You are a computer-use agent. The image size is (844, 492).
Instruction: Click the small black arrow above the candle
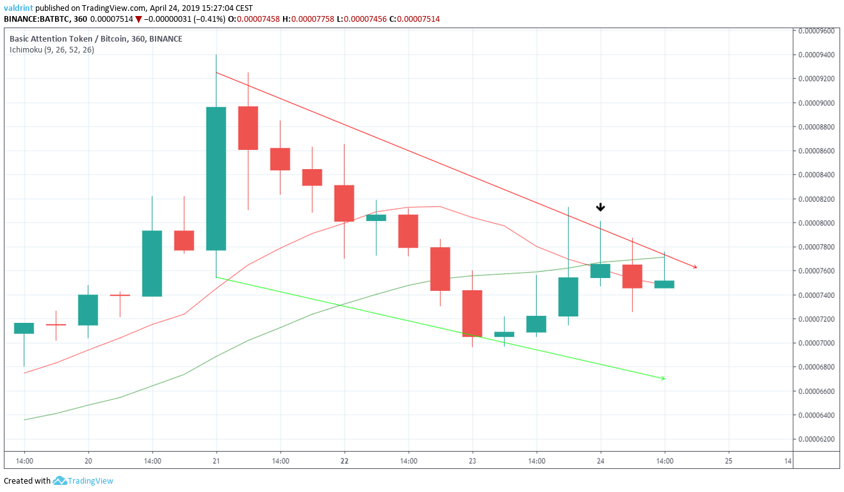(600, 208)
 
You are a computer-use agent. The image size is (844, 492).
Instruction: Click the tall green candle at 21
(216, 178)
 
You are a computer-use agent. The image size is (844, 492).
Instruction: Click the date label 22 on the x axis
(345, 461)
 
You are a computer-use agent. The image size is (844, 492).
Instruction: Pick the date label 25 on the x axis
(728, 461)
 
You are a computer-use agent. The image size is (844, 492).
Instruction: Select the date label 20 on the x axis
(88, 461)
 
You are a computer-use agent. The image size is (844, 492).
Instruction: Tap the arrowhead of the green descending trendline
(663, 379)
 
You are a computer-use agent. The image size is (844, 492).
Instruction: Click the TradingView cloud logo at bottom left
(60, 480)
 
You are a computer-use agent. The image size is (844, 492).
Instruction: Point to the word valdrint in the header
(19, 8)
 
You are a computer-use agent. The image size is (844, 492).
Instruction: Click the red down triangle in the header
(138, 19)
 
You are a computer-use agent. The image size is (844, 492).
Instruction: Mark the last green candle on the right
(664, 284)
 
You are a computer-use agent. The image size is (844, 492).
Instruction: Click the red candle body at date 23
(472, 313)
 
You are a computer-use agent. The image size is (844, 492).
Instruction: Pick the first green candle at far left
(24, 328)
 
